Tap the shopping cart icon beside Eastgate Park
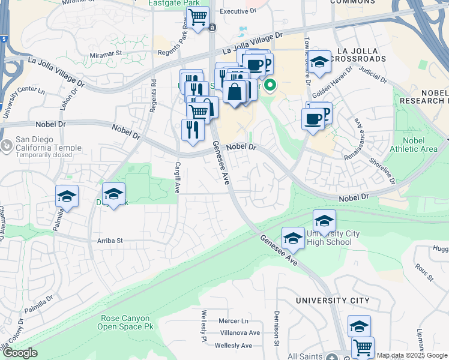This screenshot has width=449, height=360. (x=197, y=17)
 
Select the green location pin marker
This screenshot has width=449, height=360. (x=270, y=86)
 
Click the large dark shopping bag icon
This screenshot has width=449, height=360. (x=234, y=92)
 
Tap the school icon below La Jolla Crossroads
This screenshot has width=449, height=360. (x=319, y=62)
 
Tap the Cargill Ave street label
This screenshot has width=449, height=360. (x=177, y=178)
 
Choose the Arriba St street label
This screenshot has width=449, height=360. (x=110, y=241)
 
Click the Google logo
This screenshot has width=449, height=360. (x=20, y=353)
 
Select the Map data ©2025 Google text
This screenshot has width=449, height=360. (x=411, y=355)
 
